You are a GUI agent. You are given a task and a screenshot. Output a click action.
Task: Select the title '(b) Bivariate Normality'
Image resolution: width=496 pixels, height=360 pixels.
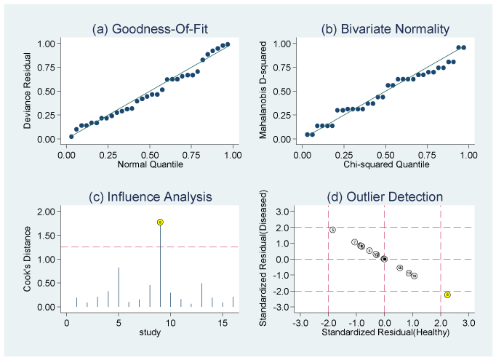point(385,29)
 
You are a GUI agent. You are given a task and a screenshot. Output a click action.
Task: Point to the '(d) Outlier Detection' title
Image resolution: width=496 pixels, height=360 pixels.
point(385,196)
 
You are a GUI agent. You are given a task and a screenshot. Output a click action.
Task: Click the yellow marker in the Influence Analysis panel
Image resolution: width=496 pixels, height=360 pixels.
point(160,222)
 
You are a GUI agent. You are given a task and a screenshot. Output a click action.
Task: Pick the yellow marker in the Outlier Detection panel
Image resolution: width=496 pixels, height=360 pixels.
point(447,295)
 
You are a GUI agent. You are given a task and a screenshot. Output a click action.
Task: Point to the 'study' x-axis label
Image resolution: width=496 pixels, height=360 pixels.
point(150,332)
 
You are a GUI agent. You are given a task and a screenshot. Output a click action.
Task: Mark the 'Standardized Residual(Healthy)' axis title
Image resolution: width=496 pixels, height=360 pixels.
point(385,332)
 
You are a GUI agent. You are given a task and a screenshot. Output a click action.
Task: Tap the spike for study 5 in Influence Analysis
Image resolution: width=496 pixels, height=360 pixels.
point(119,287)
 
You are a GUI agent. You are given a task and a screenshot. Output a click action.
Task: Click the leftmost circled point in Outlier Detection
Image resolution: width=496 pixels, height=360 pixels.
point(332,230)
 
